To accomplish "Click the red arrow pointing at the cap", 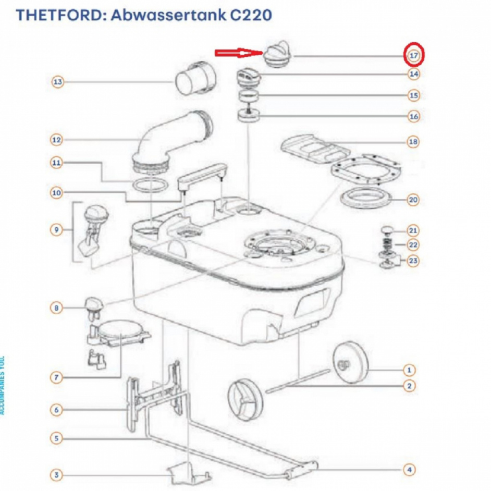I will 237,52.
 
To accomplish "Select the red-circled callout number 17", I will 414,55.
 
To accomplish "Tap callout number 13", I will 58,82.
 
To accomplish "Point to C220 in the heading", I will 251,15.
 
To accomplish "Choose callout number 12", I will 57,140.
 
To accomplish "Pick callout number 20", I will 413,200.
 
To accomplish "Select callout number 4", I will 410,470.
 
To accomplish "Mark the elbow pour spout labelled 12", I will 167,138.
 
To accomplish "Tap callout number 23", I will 413,261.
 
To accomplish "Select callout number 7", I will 57,377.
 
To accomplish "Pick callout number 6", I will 57,410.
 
